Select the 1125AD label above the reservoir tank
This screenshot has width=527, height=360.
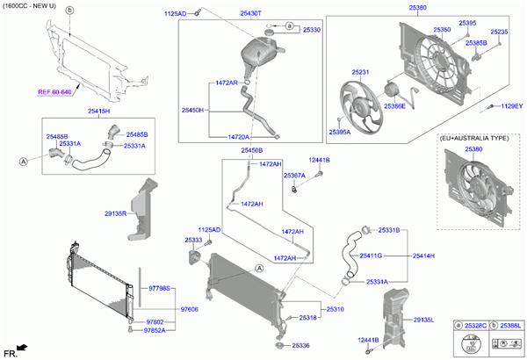[176, 14]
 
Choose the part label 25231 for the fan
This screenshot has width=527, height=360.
[361, 72]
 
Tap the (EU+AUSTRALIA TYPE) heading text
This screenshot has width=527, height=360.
[474, 138]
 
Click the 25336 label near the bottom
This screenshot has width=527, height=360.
[301, 345]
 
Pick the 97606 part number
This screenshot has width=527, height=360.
[191, 309]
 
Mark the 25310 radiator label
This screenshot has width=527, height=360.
[336, 309]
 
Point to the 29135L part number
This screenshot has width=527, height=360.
[423, 320]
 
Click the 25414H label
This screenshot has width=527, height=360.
[424, 256]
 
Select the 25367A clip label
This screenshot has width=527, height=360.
[293, 176]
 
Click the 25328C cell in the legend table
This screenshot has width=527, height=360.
[476, 326]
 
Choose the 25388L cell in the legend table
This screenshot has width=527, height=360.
[511, 326]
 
